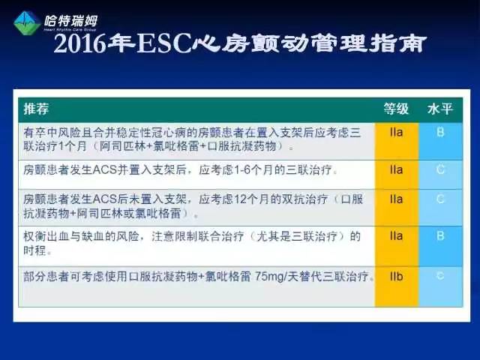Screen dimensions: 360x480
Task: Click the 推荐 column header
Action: [x=36, y=109]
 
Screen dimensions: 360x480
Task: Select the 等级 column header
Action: [x=396, y=109]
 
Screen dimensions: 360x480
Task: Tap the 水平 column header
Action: [x=439, y=109]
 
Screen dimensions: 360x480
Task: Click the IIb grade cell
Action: [x=396, y=277]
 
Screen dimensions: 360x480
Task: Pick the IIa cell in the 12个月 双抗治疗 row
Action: [x=396, y=199]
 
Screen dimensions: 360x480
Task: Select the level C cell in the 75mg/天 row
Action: [x=440, y=277]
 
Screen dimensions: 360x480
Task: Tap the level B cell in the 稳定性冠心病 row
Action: [x=440, y=132]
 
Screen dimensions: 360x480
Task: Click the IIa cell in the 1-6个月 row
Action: [x=396, y=170]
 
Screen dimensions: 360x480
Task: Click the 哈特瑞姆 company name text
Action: [x=71, y=20]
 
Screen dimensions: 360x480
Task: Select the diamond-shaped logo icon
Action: [x=27, y=23]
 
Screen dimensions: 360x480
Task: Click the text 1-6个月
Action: [x=241, y=170]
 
